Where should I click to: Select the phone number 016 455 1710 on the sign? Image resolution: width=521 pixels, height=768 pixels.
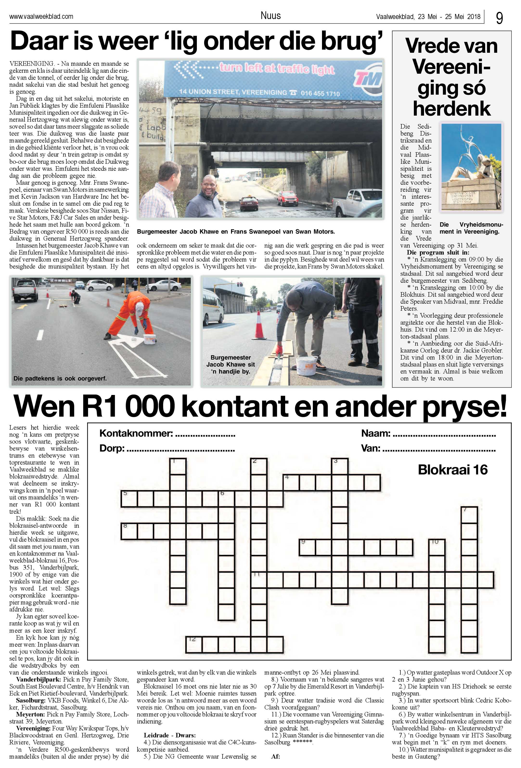tap(320, 93)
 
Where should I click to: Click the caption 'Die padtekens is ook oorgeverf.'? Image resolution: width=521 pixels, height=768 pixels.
tap(60, 378)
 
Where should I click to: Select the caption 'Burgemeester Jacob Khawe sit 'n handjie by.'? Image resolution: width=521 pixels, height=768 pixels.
tap(231, 364)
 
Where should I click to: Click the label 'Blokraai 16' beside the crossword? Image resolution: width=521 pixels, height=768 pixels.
tap(452, 470)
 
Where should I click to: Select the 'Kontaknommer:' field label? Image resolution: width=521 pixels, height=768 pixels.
tap(136, 433)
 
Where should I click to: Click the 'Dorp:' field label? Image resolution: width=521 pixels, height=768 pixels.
tap(112, 448)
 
